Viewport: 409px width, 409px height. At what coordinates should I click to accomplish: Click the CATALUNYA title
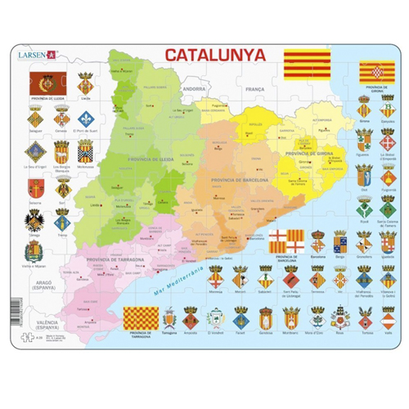click(215, 55)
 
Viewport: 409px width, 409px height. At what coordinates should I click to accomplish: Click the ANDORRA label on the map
click(194, 88)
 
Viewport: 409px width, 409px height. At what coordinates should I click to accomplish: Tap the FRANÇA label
click(256, 88)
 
